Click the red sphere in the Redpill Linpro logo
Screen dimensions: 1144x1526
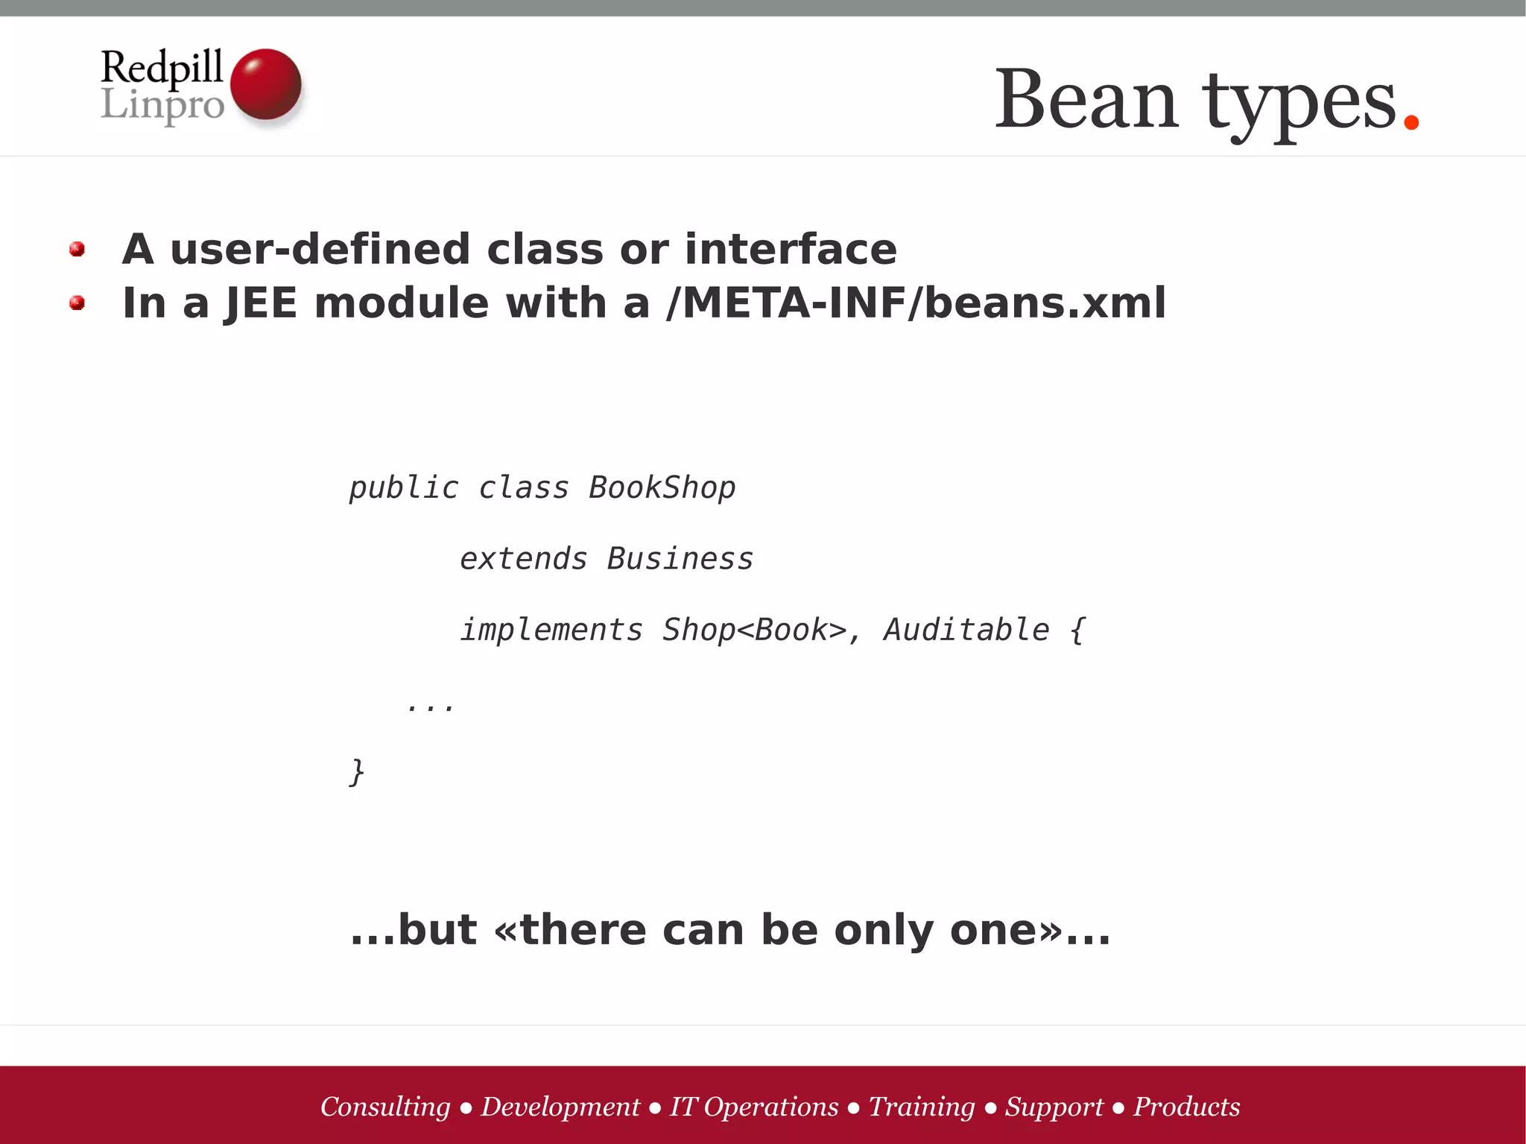[x=265, y=84]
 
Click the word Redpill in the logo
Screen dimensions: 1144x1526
[x=162, y=67]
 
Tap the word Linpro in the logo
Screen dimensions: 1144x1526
[x=162, y=104]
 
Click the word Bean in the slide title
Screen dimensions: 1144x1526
[x=1086, y=99]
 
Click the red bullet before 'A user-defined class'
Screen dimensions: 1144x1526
[x=77, y=249]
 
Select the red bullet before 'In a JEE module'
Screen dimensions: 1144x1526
[x=77, y=303]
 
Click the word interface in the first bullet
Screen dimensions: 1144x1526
[x=791, y=249]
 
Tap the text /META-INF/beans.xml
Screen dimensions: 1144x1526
[x=916, y=303]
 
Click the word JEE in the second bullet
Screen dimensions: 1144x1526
[x=261, y=303]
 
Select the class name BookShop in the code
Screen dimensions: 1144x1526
[x=662, y=488]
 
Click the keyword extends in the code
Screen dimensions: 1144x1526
[x=523, y=559]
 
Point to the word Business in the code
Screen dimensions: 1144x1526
[x=680, y=559]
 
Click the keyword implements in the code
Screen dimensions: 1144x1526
[x=551, y=631]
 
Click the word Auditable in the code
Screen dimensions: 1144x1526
[x=966, y=631]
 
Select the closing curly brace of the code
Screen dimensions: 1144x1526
[x=357, y=772]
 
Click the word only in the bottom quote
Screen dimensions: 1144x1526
[x=884, y=930]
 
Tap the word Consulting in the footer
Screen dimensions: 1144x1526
[x=385, y=1107]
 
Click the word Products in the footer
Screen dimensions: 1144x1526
[x=1186, y=1107]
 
